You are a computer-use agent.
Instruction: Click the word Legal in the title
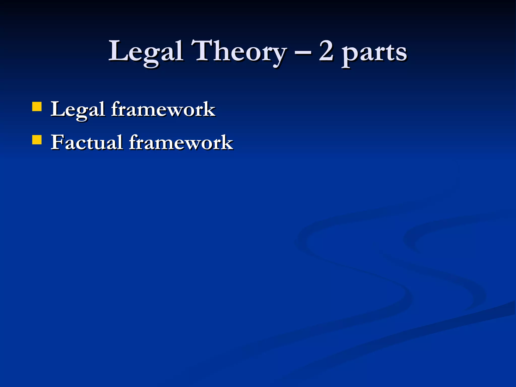point(146,52)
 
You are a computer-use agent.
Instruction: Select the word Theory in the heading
point(238,52)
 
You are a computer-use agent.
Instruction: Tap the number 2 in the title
point(326,51)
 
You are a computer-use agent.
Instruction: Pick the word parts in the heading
point(374,53)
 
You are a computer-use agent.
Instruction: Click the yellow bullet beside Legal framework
point(37,106)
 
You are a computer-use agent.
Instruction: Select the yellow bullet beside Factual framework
point(37,140)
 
